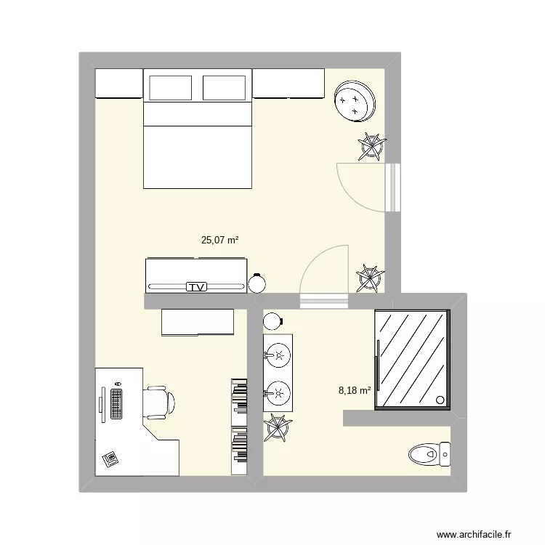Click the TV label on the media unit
(x=195, y=287)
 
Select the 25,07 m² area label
(x=221, y=238)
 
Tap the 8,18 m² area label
(x=355, y=390)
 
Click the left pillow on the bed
(x=171, y=88)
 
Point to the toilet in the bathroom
(x=429, y=456)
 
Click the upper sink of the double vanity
(x=277, y=355)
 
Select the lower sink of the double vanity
(x=277, y=394)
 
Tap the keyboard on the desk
(x=116, y=403)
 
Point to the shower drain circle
(x=440, y=399)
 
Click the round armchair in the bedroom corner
(x=355, y=100)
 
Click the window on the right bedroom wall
(x=393, y=187)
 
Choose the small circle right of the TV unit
(x=257, y=283)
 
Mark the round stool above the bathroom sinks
(x=272, y=320)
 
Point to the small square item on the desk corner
(x=110, y=458)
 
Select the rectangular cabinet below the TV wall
(x=197, y=323)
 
